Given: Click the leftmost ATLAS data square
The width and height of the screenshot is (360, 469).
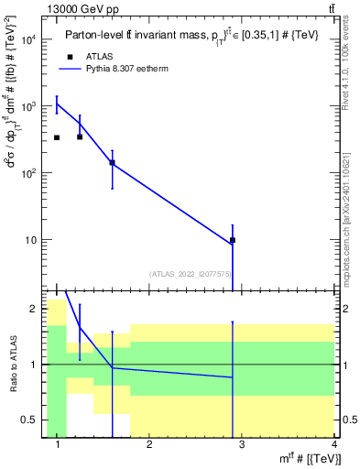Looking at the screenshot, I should click(x=57, y=137).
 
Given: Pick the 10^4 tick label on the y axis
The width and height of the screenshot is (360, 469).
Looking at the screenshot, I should click(x=27, y=39).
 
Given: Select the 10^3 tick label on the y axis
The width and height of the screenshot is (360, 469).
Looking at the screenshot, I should click(x=27, y=106).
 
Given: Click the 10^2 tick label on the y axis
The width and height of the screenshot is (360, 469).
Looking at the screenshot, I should click(x=27, y=173).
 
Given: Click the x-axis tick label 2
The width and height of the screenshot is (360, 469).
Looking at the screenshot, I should click(x=149, y=444).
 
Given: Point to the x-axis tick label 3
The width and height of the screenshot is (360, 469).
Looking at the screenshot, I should click(x=242, y=444).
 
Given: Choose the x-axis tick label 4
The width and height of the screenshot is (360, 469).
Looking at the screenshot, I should click(x=333, y=444).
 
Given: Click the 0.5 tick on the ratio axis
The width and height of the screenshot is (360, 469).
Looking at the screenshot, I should click(x=28, y=420).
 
